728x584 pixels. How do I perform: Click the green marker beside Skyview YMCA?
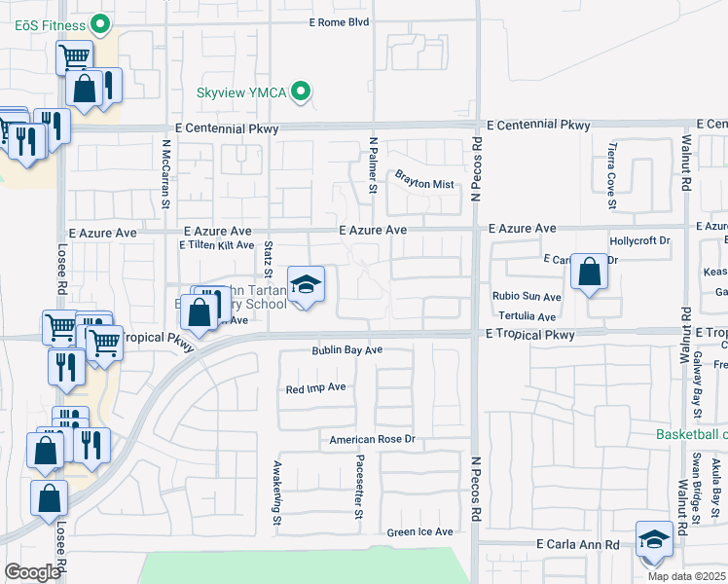pyautogui.click(x=302, y=92)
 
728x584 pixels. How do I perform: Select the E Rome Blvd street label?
pyautogui.click(x=340, y=21)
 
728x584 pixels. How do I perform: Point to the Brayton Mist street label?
pyautogui.click(x=424, y=178)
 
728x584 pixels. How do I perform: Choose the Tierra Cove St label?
pyautogui.click(x=611, y=175)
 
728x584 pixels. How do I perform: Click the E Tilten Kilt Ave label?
pyautogui.click(x=216, y=245)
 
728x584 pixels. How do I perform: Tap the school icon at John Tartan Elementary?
pyautogui.click(x=306, y=285)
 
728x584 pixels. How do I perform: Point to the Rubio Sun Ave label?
pyautogui.click(x=527, y=297)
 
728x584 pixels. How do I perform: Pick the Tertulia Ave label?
pyautogui.click(x=527, y=316)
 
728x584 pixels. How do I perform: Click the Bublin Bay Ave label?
pyautogui.click(x=347, y=350)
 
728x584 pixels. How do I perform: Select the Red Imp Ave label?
pyautogui.click(x=315, y=387)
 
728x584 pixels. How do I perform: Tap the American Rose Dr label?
pyautogui.click(x=372, y=440)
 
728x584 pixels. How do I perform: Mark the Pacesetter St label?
pyautogui.click(x=359, y=487)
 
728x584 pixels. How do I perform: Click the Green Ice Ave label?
pyautogui.click(x=420, y=531)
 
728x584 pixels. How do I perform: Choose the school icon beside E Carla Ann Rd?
pyautogui.click(x=654, y=540)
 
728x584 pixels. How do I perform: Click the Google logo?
pyautogui.click(x=32, y=572)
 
